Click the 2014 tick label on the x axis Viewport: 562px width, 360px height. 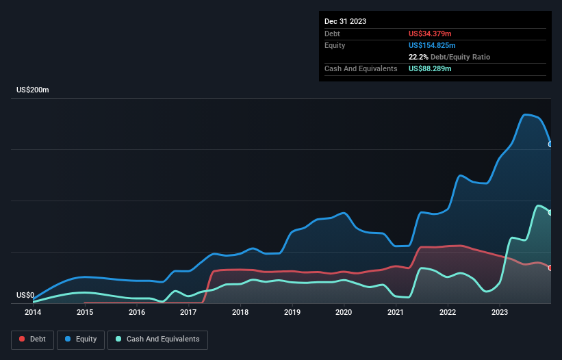click(x=33, y=313)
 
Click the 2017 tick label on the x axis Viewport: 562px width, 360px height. click(x=188, y=313)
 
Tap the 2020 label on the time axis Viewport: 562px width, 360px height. click(x=344, y=313)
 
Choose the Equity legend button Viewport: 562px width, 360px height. click(x=81, y=339)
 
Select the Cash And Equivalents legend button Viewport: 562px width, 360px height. click(x=157, y=339)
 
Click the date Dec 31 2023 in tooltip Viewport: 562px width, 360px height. click(x=345, y=21)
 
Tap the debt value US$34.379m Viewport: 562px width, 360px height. click(x=430, y=34)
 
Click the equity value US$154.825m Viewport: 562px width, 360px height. click(x=432, y=45)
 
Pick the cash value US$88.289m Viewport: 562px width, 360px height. click(x=430, y=69)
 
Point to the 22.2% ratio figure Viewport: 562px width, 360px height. click(x=418, y=57)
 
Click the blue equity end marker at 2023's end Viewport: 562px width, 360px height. click(x=550, y=144)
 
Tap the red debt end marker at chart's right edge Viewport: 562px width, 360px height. click(x=550, y=268)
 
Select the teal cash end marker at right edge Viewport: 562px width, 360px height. click(x=550, y=213)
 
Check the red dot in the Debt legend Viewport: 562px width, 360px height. click(x=23, y=339)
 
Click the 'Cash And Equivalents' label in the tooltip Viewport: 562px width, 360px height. click(x=361, y=69)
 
